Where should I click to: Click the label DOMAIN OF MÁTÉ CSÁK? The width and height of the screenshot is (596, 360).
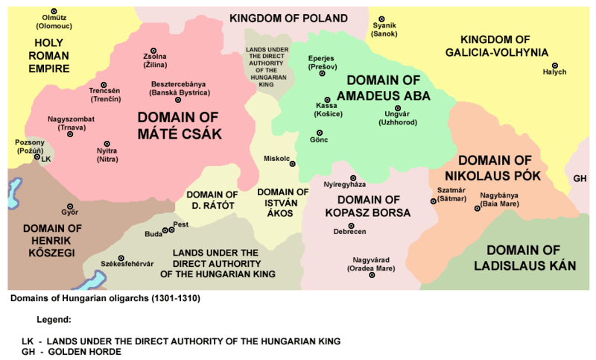coord(179,124)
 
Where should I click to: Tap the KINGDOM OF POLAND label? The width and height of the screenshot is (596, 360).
coord(288,18)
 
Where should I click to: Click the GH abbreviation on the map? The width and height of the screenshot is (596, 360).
coord(580,178)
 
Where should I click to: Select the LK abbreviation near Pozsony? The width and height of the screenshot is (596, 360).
coord(46,159)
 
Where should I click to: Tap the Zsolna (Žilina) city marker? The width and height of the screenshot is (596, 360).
coord(155,48)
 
